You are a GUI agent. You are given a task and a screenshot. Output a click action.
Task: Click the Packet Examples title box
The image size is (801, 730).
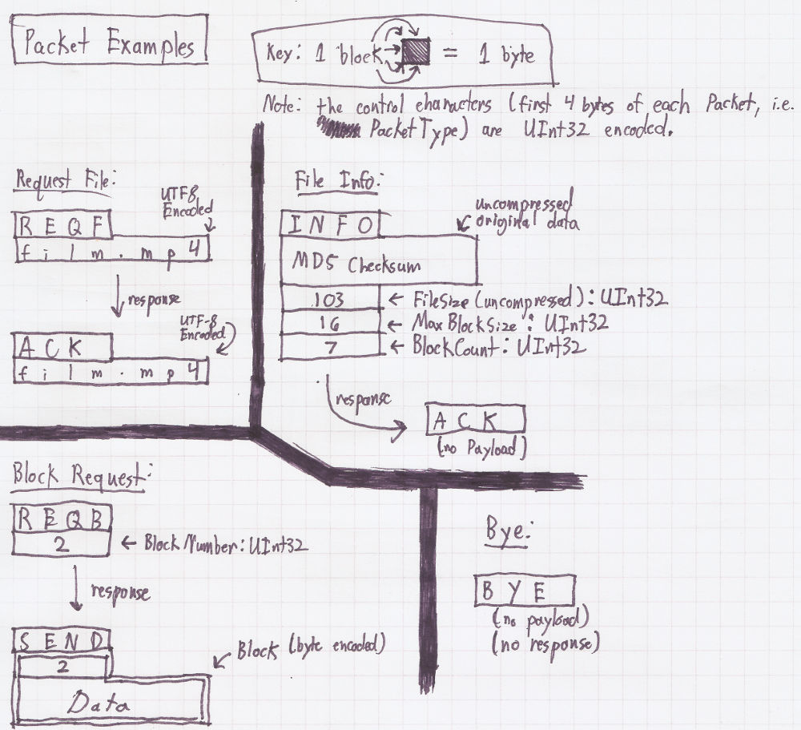click(x=111, y=44)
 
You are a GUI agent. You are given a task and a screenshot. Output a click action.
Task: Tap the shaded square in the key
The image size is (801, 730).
click(x=417, y=54)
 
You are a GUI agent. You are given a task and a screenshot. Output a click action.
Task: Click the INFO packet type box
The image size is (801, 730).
click(x=329, y=225)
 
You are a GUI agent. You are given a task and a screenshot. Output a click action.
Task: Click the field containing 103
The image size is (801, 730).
click(x=329, y=300)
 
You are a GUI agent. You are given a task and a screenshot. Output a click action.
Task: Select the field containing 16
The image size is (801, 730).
click(x=329, y=324)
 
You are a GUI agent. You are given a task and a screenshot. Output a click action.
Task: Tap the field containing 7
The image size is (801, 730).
click(x=329, y=347)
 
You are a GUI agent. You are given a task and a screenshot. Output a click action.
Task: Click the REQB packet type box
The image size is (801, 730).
click(x=62, y=521)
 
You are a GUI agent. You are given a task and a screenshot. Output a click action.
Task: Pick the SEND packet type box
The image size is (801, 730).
click(x=62, y=641)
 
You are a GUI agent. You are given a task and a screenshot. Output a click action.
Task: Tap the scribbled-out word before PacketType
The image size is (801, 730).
click(x=340, y=127)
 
